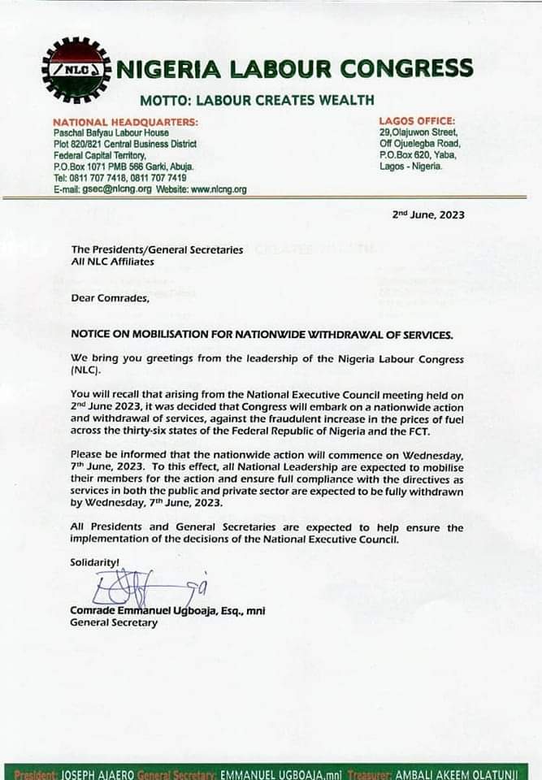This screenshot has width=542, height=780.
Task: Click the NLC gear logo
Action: point(76,71)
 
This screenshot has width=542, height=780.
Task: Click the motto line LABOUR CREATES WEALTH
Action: point(257,101)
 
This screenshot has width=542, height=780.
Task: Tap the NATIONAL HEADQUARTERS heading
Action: point(125,122)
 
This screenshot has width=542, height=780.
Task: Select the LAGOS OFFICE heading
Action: point(417,121)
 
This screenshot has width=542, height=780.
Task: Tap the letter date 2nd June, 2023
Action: point(428,215)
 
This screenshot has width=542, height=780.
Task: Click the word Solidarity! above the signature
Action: point(95,561)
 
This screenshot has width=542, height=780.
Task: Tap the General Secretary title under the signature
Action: point(114,623)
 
